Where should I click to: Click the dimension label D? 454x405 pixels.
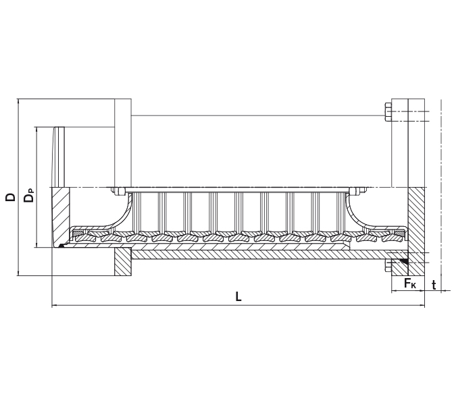point(10,197)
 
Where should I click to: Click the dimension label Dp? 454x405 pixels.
point(28,197)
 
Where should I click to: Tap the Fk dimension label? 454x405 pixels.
point(410,283)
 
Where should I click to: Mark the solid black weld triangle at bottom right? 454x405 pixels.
point(403,260)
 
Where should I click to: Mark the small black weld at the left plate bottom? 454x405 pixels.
point(61,246)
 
